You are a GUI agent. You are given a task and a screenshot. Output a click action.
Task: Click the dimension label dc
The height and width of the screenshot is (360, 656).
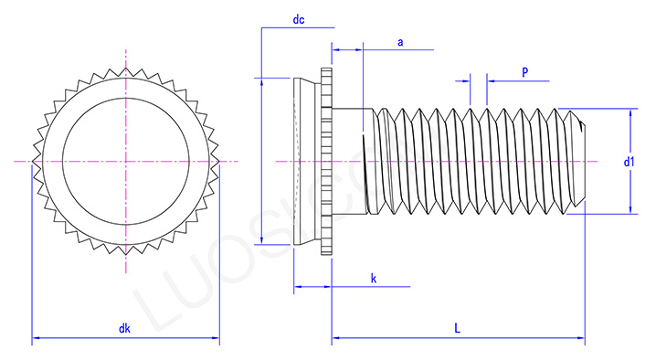click(x=298, y=19)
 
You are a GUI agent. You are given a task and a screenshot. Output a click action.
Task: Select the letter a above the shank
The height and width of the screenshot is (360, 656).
click(x=400, y=43)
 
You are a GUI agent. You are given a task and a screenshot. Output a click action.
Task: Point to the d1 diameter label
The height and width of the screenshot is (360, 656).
click(x=630, y=163)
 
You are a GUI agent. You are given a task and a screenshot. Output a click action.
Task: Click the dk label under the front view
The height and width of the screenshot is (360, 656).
click(x=124, y=329)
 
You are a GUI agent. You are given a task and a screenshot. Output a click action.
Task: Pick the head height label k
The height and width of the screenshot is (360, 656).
click(x=374, y=278)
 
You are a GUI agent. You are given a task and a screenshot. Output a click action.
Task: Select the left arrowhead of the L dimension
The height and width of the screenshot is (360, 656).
click(x=335, y=339)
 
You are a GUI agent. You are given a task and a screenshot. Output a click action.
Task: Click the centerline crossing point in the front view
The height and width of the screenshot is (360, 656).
click(x=126, y=162)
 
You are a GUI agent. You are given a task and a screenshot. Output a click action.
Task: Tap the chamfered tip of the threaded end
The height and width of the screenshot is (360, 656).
click(x=577, y=161)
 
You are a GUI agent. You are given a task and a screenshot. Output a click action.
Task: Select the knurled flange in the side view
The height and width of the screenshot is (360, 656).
click(x=326, y=162)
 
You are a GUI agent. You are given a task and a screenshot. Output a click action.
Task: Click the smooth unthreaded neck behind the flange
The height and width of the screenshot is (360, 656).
click(x=347, y=162)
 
